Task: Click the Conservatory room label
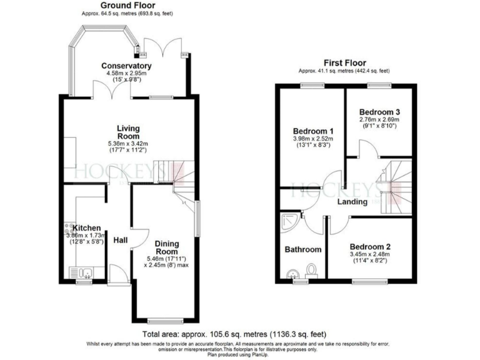pos(127,66)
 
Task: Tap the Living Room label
pos(128,132)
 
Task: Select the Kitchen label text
pos(86,227)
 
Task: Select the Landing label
pos(353,202)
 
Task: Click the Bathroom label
pos(303,249)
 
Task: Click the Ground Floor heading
pos(127,6)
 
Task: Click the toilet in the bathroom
pos(312,270)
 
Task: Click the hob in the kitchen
pos(67,230)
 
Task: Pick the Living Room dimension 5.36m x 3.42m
pos(128,144)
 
